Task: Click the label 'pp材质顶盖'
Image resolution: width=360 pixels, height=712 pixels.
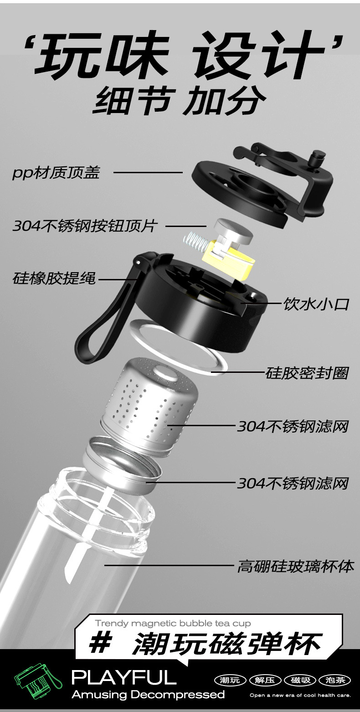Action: (x=56, y=173)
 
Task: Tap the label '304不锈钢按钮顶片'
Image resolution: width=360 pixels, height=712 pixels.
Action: (x=85, y=226)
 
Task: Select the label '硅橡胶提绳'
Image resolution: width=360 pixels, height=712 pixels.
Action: (x=54, y=278)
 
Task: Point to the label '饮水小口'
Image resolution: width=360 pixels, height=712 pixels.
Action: (x=316, y=304)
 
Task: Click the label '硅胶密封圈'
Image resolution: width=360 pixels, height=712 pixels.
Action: (x=307, y=373)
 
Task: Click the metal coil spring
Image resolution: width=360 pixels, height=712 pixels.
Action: (x=195, y=242)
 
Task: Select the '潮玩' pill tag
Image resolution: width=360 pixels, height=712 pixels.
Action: (x=229, y=680)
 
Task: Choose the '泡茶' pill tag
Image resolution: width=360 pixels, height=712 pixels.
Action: (x=336, y=680)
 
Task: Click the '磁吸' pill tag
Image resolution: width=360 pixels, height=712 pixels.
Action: (x=300, y=680)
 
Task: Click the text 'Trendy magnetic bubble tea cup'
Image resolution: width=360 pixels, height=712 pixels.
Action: (x=173, y=623)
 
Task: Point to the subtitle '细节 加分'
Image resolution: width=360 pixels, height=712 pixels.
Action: (x=180, y=101)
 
